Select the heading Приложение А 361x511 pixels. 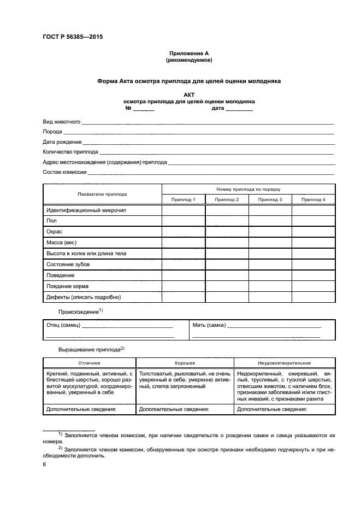point(188,53)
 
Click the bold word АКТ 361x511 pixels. point(189,95)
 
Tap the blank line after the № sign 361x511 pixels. point(144,109)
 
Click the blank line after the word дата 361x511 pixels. point(239,109)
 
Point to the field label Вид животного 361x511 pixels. point(62,121)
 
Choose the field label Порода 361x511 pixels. point(53,132)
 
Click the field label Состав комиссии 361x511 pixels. point(64,172)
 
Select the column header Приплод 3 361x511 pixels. point(270,200)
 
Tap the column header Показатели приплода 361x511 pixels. point(102,194)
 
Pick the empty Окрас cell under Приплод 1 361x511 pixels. point(183,232)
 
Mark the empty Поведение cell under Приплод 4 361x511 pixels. point(313,275)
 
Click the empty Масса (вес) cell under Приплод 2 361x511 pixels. point(227,243)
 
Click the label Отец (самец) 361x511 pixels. point(64,325)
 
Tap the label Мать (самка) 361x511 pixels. point(209,325)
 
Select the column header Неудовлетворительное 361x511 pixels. point(281,363)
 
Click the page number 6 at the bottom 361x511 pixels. point(44,464)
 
